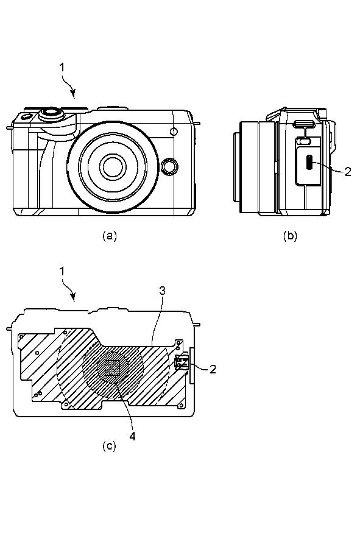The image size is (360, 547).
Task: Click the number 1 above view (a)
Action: [x=62, y=67]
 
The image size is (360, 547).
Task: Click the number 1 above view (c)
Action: [x=62, y=271]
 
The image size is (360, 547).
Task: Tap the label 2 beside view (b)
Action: [x=348, y=172]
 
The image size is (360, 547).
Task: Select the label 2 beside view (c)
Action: [x=213, y=369]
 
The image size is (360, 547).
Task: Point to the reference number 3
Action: [x=162, y=291]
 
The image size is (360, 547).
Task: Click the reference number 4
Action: [x=133, y=436]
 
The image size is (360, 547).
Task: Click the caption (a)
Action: [x=110, y=236]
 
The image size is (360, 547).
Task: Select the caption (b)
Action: [x=290, y=236]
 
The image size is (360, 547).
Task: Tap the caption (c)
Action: [x=109, y=446]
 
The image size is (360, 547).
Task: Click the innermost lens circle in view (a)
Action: [x=113, y=167]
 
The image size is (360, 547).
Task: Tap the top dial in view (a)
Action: [x=52, y=113]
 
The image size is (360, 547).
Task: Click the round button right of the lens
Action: [x=170, y=166]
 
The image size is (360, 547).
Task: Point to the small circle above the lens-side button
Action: [x=174, y=132]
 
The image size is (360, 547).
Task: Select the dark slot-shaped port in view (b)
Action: [x=309, y=162]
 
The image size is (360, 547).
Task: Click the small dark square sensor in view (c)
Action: [x=112, y=368]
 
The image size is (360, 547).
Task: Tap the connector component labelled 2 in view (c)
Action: [x=182, y=363]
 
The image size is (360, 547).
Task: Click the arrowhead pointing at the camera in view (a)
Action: [x=73, y=93]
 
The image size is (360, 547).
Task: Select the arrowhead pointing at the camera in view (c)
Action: [x=73, y=297]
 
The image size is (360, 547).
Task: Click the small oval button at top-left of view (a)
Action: [x=26, y=116]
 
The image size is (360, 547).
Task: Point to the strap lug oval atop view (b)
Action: [x=305, y=124]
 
